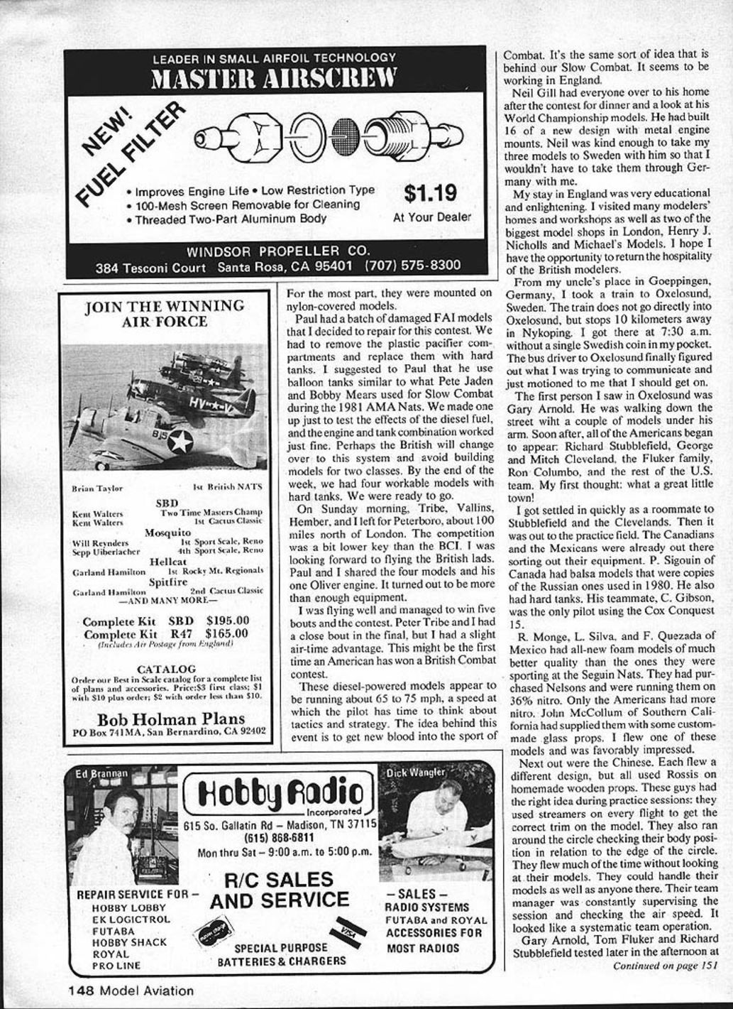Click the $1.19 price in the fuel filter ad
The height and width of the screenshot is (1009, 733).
[430, 193]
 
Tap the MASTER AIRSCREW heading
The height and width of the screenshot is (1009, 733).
[274, 80]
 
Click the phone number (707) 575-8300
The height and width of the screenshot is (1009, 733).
[412, 266]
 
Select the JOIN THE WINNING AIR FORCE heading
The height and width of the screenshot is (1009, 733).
[164, 313]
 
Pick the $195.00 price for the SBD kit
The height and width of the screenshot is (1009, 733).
[226, 621]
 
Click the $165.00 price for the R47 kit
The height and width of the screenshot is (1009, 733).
[226, 633]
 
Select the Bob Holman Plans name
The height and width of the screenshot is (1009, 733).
[170, 719]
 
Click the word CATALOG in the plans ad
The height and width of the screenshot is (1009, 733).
[166, 669]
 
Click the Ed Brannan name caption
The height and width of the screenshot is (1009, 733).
[101, 773]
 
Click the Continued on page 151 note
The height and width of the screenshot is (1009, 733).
[664, 965]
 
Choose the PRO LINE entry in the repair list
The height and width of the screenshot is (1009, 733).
[116, 966]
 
